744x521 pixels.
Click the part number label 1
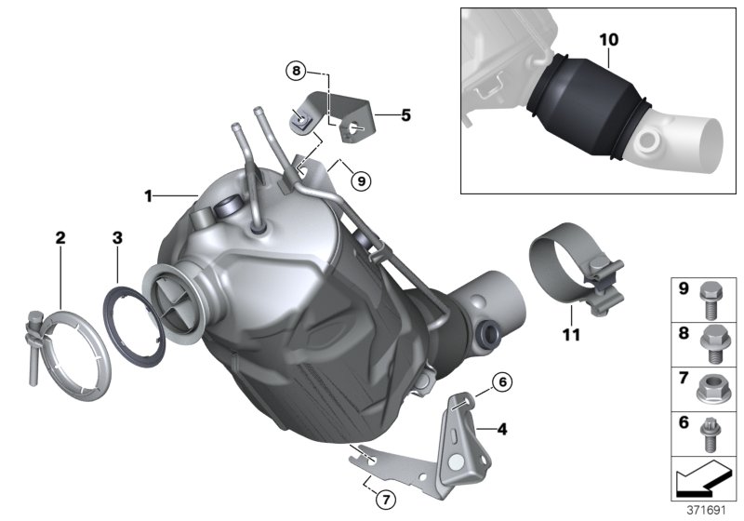tap(147, 195)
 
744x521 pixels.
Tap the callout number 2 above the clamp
tap(60, 238)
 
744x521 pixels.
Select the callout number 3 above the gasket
tap(117, 238)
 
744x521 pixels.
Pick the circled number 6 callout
tap(501, 381)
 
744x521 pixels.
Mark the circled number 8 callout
tap(297, 71)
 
